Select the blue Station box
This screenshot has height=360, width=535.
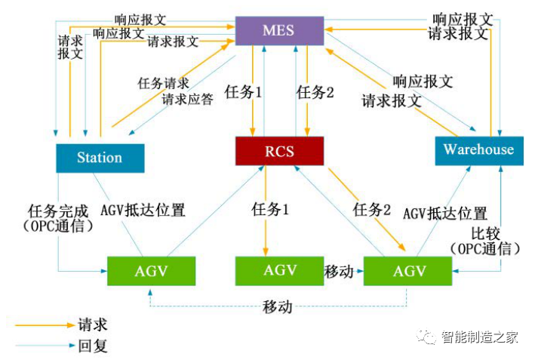(100, 157)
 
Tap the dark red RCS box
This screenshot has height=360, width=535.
(279, 151)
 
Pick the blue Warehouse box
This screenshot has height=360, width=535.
(478, 149)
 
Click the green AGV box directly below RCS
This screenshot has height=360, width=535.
(280, 270)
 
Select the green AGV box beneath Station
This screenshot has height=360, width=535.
(151, 270)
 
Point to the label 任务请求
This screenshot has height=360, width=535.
(163, 82)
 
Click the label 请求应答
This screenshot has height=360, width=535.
(188, 99)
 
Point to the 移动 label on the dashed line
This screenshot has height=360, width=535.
(278, 306)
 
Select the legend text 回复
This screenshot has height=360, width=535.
(94, 346)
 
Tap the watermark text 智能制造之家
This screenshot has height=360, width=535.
(480, 337)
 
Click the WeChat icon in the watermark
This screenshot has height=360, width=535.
(429, 337)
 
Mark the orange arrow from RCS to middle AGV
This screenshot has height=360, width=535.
(265, 211)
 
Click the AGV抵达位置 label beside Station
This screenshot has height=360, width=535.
(143, 211)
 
